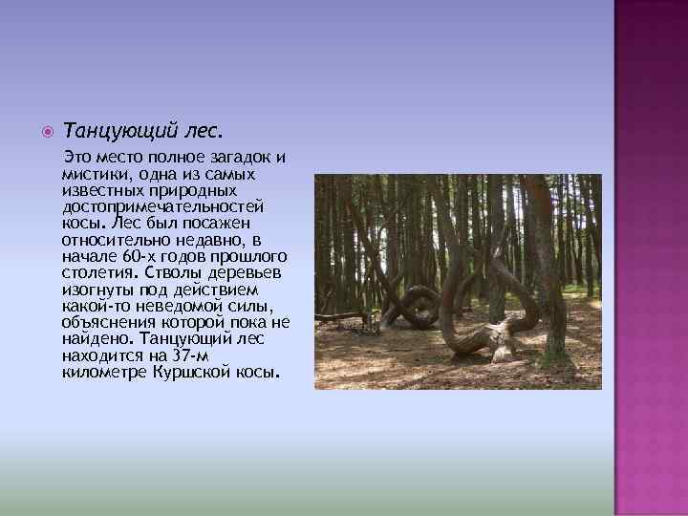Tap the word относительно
[113, 239]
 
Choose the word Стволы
[176, 272]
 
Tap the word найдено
[99, 338]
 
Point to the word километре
[105, 371]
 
